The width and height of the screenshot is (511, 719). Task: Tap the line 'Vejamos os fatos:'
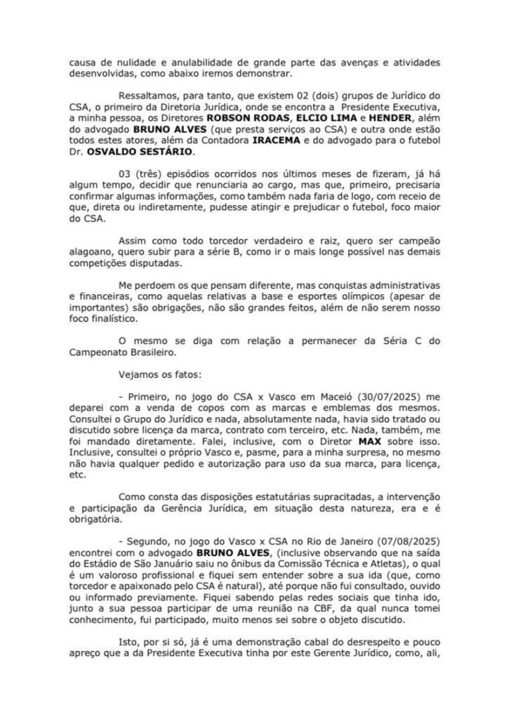159,374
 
